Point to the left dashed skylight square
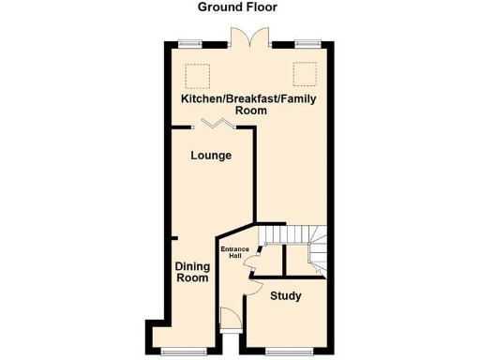(196, 73)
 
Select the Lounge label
(211, 155)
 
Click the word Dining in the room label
(192, 265)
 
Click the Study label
(286, 296)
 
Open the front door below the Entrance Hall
(228, 319)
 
